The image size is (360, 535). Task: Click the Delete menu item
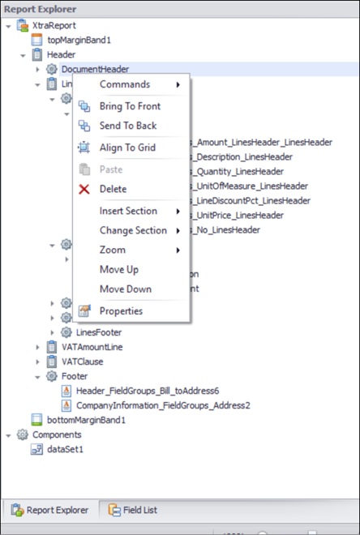coord(113,189)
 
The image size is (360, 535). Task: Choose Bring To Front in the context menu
coord(130,106)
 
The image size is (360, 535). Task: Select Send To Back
coord(128,126)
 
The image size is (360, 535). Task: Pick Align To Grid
coord(127,148)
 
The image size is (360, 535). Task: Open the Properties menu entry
coord(121,310)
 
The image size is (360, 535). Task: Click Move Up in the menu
coord(118,270)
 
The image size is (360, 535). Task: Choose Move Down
coord(125,289)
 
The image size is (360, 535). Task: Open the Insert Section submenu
coord(128,211)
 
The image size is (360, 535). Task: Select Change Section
coord(133,230)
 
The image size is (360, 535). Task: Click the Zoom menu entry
coord(112,250)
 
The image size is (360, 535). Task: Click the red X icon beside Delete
coord(84,189)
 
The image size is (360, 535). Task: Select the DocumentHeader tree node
coord(95,69)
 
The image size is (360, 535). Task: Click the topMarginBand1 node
coord(79,40)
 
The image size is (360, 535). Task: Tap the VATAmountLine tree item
coord(92,347)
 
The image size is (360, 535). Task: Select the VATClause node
coord(82,362)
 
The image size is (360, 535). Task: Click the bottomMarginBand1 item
coord(86,420)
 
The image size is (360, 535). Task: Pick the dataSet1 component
coord(65,449)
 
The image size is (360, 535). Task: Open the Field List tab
coord(140,510)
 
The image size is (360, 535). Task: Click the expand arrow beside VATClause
coord(37,362)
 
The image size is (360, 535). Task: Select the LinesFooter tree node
coord(99,332)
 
